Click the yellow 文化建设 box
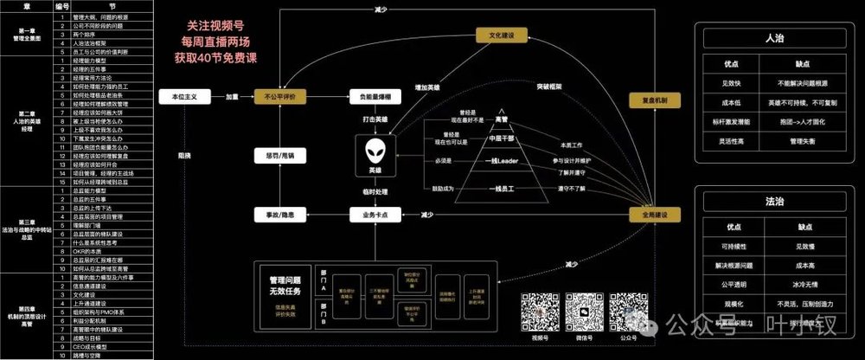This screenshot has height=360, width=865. click(503, 35)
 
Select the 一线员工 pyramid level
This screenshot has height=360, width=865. click(501, 188)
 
